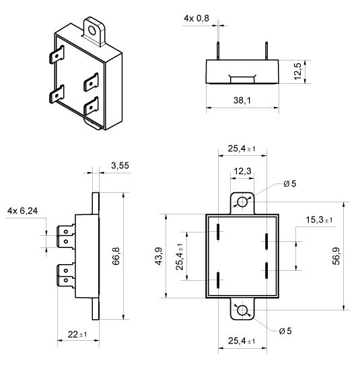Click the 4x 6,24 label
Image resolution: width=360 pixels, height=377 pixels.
point(22,211)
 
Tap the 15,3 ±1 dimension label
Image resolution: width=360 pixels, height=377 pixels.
point(320,220)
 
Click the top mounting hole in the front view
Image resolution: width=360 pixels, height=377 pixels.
point(242,202)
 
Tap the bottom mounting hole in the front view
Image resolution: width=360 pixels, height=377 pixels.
point(242,310)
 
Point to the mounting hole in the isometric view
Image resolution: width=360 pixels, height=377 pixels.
point(92,30)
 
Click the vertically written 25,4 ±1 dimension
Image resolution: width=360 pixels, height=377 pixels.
point(180,256)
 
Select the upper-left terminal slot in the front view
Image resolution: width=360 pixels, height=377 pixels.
point(218,234)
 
